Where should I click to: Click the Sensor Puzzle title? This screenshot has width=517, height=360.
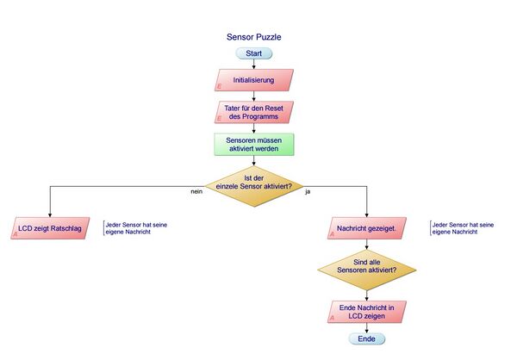pos(253,37)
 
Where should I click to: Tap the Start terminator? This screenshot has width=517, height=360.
pos(254,53)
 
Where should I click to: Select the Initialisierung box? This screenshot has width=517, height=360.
pos(254,80)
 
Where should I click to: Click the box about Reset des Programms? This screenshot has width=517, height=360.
pos(254,113)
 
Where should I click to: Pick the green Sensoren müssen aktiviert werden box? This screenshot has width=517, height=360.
pos(254,145)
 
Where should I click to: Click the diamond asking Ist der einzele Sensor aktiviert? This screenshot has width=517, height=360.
pos(254,186)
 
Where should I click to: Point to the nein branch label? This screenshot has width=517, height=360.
pos(196,191)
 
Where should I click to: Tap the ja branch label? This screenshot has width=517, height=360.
pos(308,191)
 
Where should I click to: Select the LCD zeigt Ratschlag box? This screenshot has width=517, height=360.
pos(50,228)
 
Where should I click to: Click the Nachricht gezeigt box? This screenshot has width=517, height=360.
pos(367,228)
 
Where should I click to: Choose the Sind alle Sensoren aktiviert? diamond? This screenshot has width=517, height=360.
pos(367,270)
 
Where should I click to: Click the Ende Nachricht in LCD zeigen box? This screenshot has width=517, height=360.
pos(367,312)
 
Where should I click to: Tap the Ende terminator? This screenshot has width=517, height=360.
pos(367,338)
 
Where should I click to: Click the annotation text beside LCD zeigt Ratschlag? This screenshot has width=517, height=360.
pos(136,228)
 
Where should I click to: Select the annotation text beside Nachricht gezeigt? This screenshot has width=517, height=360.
pos(463,228)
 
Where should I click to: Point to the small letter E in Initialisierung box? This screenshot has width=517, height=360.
pos(219,87)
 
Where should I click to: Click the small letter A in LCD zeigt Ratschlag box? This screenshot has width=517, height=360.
pos(16,234)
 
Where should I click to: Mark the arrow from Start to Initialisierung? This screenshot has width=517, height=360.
pos(254,65)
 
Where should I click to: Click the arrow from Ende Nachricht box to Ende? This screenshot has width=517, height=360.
pos(367,328)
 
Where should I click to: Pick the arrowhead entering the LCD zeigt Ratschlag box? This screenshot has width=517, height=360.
pos(50,215)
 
